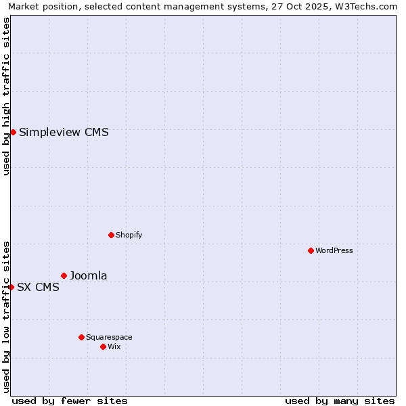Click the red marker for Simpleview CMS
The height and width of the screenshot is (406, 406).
click(13, 132)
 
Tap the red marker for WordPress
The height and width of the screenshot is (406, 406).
click(311, 250)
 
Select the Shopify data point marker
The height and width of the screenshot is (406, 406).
click(111, 235)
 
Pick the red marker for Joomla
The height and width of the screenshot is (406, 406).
click(64, 275)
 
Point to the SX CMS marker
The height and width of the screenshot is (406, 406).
click(11, 287)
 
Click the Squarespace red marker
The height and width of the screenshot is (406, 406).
click(81, 337)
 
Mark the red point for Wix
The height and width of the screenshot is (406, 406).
click(103, 346)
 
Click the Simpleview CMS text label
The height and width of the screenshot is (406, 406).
click(64, 133)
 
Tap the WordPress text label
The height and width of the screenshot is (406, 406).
click(334, 250)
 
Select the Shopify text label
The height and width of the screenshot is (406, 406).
click(129, 235)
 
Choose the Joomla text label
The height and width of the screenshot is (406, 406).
click(89, 275)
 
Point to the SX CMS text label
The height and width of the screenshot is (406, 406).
click(38, 287)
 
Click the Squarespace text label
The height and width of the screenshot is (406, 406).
click(109, 337)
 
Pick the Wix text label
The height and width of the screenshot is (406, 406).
click(114, 346)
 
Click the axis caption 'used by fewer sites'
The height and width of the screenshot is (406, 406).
click(70, 401)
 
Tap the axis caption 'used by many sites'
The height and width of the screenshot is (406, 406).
click(340, 401)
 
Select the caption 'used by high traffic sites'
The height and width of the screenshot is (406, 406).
click(6, 96)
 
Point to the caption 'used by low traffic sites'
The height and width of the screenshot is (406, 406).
click(6, 317)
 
